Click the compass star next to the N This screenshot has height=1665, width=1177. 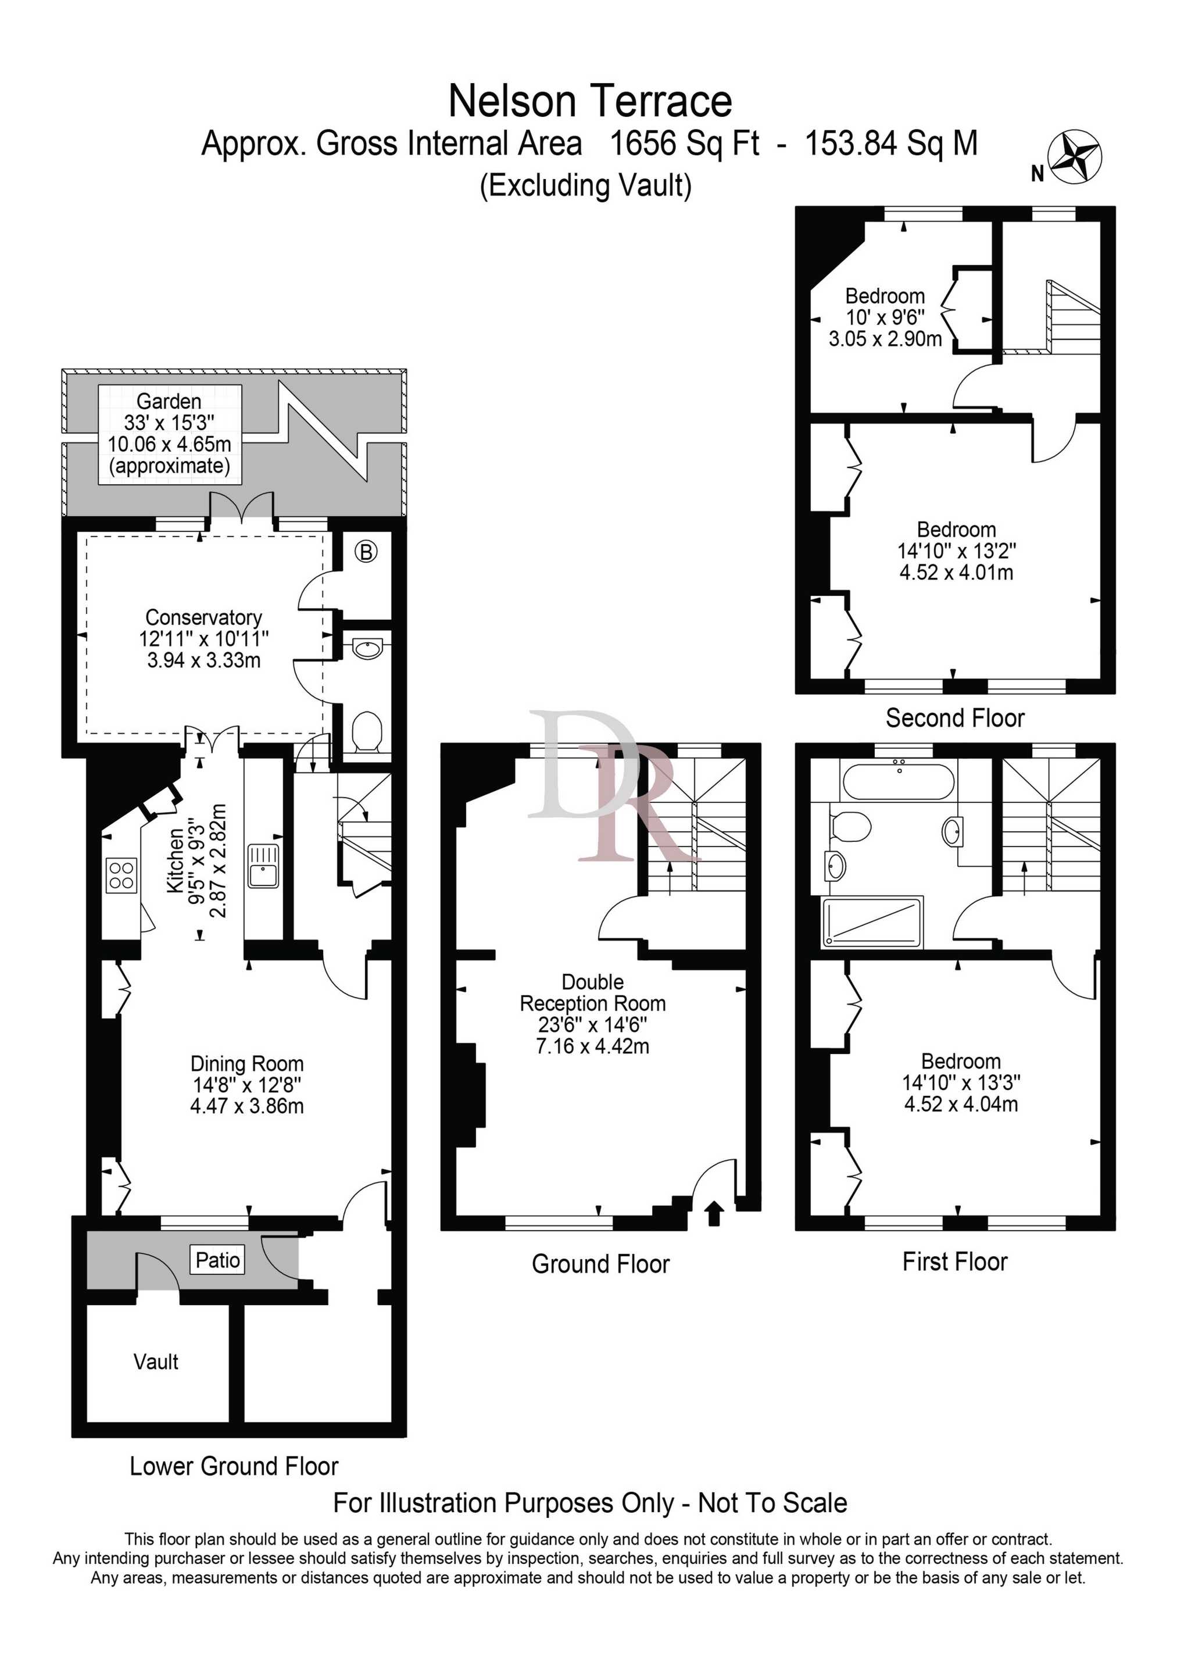point(1076,158)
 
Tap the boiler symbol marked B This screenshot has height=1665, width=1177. point(366,553)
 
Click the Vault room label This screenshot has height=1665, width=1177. point(156,1362)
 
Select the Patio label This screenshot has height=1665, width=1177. point(217,1260)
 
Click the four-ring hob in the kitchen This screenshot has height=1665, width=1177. point(121,876)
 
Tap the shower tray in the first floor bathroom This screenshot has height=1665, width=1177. point(873,923)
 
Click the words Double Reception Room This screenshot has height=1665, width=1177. point(592,993)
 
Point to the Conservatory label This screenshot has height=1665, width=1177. point(204,617)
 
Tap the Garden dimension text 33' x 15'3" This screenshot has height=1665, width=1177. point(169,423)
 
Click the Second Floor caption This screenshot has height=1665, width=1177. point(954,718)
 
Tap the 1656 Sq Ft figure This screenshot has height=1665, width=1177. point(684,144)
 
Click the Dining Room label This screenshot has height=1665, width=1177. point(246,1064)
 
